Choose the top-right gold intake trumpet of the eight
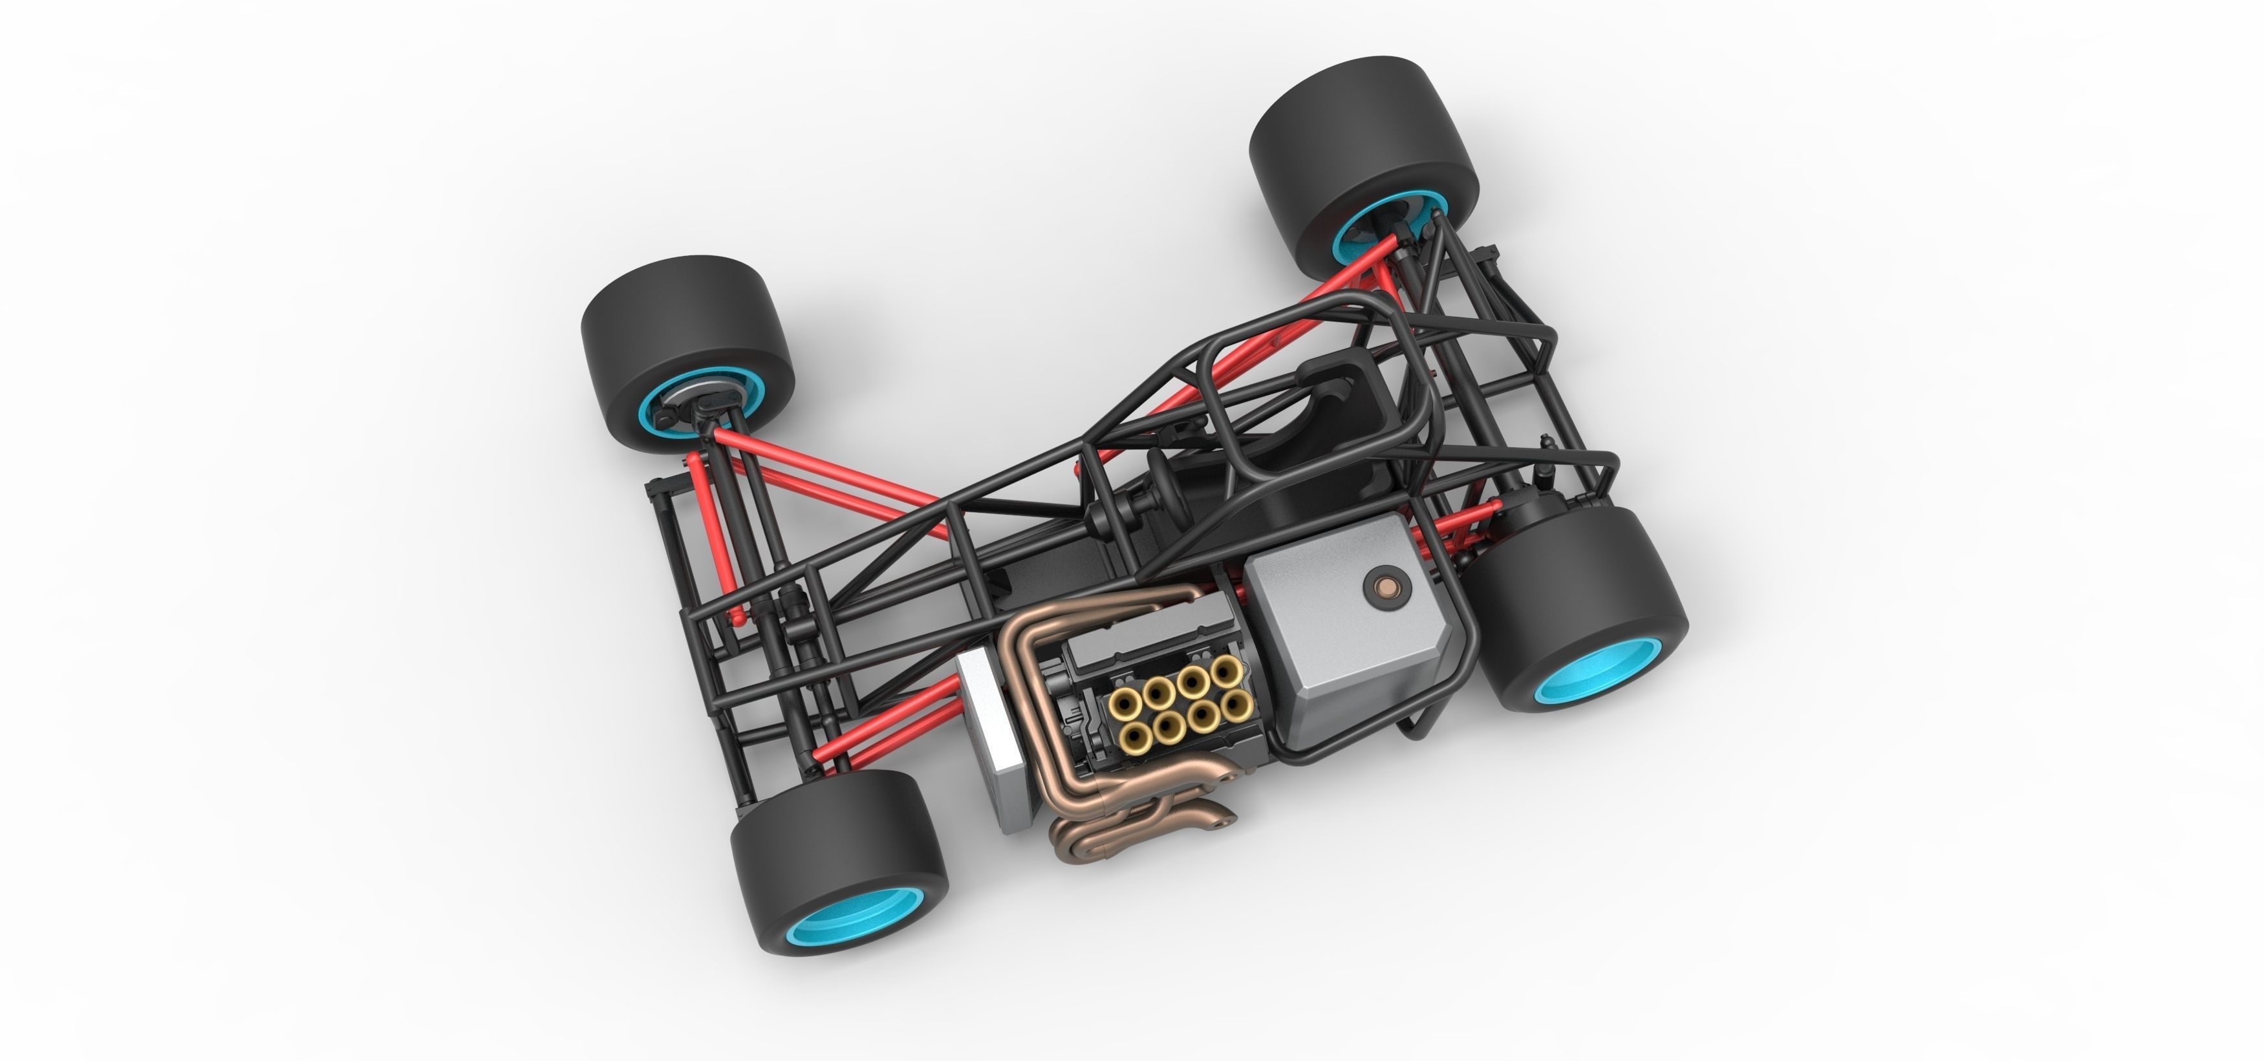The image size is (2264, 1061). [x=1225, y=672]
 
